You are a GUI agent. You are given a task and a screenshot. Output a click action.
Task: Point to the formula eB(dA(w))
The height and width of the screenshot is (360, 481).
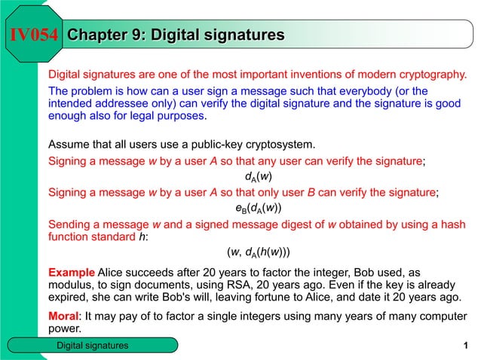(259, 207)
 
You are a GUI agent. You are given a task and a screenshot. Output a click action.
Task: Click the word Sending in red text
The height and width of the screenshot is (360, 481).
(70, 224)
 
